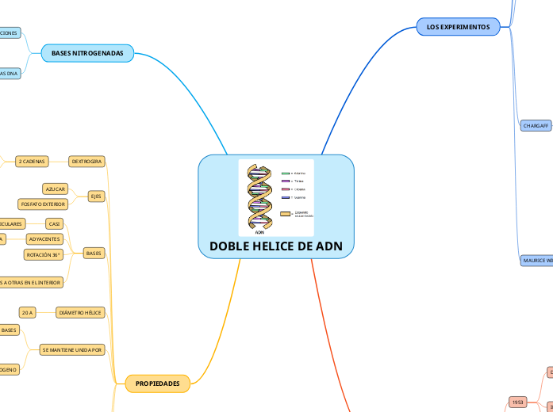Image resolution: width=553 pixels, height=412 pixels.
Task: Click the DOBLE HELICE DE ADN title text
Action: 276,246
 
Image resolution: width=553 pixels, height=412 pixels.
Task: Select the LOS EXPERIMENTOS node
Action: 458,27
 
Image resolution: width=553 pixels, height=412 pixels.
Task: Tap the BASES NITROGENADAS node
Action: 87,53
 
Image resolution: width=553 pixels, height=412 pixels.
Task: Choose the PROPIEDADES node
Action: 157,383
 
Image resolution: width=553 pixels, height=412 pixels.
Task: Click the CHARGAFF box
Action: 536,126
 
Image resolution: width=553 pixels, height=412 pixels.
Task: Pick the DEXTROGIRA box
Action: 86,161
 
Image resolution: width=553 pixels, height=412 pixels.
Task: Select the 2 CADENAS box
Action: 32,161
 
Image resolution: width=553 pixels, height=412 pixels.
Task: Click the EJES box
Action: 95,196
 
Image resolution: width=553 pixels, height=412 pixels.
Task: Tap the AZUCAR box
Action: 56,189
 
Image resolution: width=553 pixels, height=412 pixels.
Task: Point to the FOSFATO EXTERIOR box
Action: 43,204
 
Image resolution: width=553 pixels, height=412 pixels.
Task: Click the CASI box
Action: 55,224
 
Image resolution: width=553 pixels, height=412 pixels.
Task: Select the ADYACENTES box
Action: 44,238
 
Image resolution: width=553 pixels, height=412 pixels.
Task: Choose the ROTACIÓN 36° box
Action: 44,255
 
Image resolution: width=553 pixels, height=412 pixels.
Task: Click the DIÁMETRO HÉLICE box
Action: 80,313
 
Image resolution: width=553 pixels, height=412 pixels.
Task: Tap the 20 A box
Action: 29,313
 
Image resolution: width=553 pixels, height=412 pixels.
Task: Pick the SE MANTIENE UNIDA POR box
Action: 72,349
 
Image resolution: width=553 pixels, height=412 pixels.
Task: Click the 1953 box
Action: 517,402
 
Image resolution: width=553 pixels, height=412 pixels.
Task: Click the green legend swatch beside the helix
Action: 285,173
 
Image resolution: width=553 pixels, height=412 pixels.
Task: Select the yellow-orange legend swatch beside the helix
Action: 286,214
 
